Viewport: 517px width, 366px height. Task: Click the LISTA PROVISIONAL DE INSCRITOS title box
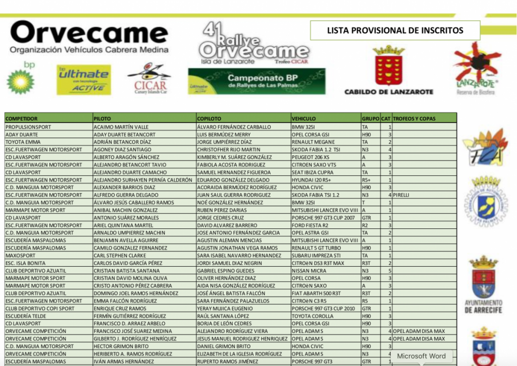395,30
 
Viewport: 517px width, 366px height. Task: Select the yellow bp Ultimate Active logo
84,79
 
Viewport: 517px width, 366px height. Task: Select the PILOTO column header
102,119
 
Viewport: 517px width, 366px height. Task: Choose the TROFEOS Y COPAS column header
414,119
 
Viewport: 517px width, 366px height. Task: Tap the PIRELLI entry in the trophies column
402,195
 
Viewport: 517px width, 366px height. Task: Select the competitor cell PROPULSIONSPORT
28,127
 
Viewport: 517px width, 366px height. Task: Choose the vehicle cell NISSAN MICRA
309,271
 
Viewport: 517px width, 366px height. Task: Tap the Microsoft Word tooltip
421,356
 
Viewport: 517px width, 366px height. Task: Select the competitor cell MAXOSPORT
21,256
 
